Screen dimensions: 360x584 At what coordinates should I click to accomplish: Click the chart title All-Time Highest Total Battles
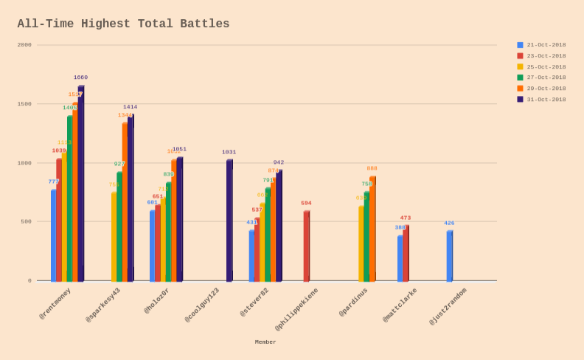click(x=123, y=24)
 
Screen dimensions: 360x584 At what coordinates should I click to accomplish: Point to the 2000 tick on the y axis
click(x=25, y=45)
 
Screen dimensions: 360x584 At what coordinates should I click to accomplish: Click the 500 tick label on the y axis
click(x=25, y=221)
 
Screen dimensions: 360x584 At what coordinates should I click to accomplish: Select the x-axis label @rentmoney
click(x=55, y=303)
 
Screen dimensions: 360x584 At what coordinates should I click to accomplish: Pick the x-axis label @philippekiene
click(x=297, y=309)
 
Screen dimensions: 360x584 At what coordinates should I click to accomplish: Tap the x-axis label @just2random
click(x=448, y=306)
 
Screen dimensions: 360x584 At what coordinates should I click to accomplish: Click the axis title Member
click(x=265, y=342)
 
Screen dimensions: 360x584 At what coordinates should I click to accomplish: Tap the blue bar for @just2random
click(x=449, y=256)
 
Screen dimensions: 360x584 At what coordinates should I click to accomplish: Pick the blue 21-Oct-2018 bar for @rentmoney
click(x=53, y=236)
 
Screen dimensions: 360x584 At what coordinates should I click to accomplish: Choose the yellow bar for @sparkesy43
click(x=114, y=237)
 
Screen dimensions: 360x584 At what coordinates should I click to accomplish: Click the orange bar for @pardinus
click(x=372, y=229)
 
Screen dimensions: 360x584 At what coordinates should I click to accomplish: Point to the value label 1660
click(x=80, y=77)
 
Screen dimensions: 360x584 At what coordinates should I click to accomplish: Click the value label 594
click(x=306, y=203)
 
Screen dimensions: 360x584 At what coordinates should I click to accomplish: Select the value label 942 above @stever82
click(x=279, y=162)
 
